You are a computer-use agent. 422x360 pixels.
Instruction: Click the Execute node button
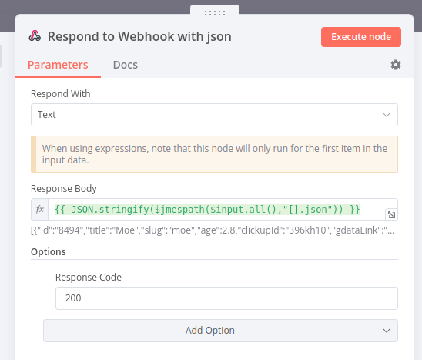pyautogui.click(x=361, y=37)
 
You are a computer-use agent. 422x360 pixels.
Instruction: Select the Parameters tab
pyautogui.click(x=58, y=65)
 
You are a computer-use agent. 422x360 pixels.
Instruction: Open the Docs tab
pyautogui.click(x=126, y=65)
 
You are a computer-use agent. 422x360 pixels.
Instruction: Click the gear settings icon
pyautogui.click(x=396, y=65)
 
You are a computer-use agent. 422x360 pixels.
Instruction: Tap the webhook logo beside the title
pyautogui.click(x=35, y=36)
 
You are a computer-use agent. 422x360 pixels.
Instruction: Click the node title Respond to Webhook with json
pyautogui.click(x=139, y=36)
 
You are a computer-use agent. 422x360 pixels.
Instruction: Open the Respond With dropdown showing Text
pyautogui.click(x=214, y=115)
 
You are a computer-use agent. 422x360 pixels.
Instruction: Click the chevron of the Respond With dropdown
pyautogui.click(x=387, y=115)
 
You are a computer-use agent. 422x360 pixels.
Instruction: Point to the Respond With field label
pyautogui.click(x=61, y=94)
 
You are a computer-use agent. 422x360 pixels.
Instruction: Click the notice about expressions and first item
pyautogui.click(x=214, y=154)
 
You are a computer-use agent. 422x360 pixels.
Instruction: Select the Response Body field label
pyautogui.click(x=64, y=189)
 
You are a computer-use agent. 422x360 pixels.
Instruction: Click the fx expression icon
pyautogui.click(x=39, y=210)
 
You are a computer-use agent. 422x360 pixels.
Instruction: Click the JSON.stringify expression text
pyautogui.click(x=207, y=210)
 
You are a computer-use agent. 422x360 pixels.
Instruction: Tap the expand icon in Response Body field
pyautogui.click(x=392, y=214)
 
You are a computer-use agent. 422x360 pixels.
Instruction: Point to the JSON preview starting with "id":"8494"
pyautogui.click(x=213, y=230)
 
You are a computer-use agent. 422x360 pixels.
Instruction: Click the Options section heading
pyautogui.click(x=49, y=251)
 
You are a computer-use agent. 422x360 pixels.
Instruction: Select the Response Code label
pyautogui.click(x=89, y=277)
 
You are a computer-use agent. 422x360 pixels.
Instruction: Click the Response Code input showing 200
pyautogui.click(x=226, y=298)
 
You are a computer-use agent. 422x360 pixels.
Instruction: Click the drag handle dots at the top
pyautogui.click(x=215, y=13)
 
